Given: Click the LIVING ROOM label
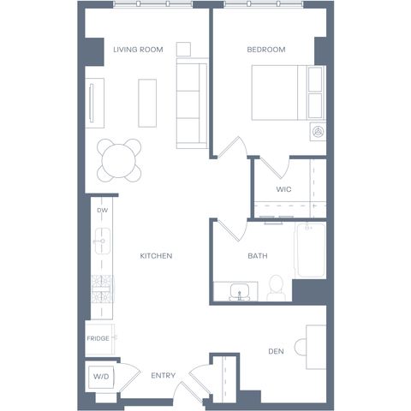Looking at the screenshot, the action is tap(138, 50).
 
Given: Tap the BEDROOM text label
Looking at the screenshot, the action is tap(266, 50).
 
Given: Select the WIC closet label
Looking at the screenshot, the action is tap(283, 189).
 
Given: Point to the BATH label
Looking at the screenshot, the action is tap(258, 256).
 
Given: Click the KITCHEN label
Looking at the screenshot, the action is tap(156, 256).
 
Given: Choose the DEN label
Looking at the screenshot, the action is tap(276, 351).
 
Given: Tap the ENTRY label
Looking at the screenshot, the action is tap(163, 375).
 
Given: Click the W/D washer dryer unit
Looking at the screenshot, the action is tap(101, 377).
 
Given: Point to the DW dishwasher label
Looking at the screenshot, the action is tap(103, 211).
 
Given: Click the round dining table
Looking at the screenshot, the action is tap(119, 161).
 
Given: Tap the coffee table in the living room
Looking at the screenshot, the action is tap(147, 103).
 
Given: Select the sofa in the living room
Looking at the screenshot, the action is tap(192, 104).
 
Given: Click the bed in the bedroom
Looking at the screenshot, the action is tap(289, 92).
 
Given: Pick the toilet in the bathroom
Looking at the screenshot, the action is tap(276, 288).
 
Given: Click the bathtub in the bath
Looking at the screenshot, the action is tap(310, 250).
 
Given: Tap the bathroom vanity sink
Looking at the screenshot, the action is tap(240, 292).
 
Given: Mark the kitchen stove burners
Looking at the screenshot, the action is tap(102, 289).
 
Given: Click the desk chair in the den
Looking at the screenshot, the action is tap(301, 347).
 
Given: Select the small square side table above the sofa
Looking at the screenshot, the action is tap(183, 50).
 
